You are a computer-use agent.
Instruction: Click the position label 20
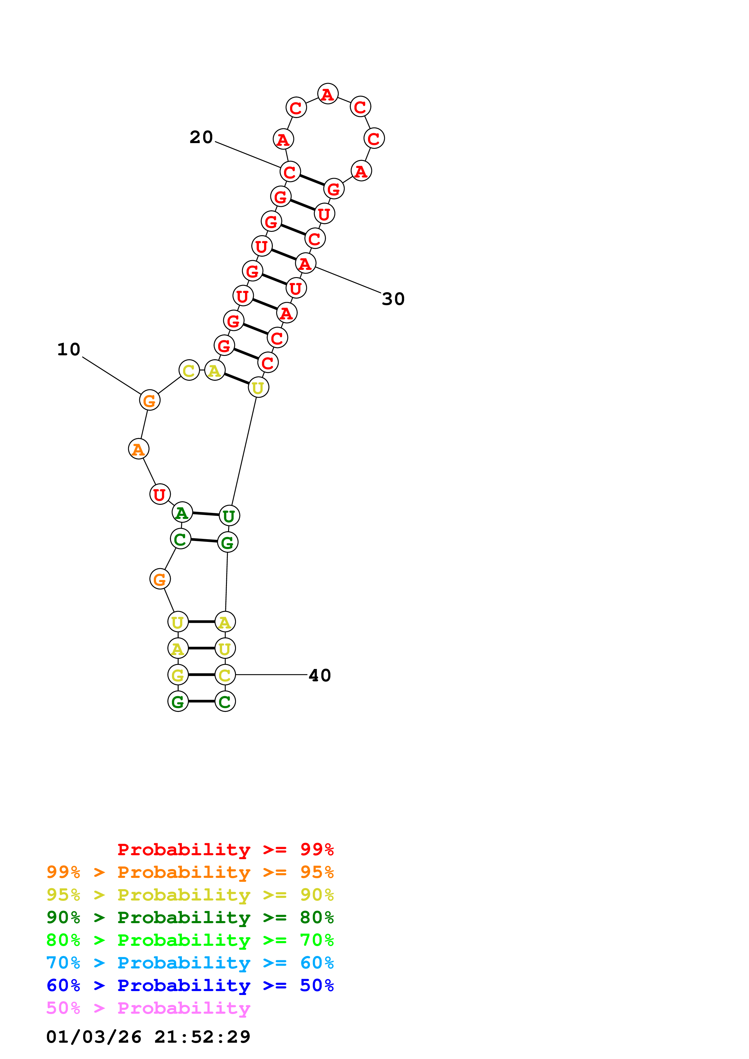[201, 137]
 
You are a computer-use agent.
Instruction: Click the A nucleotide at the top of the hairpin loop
[328, 94]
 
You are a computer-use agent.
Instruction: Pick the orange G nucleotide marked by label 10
[150, 400]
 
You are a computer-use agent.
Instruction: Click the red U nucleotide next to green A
[160, 494]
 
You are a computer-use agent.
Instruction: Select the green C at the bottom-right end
[225, 702]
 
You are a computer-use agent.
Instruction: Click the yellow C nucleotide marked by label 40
[225, 675]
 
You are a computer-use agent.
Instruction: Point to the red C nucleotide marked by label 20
[290, 172]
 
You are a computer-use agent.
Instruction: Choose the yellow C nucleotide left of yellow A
[189, 370]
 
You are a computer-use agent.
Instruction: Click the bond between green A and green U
[205, 514]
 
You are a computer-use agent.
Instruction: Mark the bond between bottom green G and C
[202, 702]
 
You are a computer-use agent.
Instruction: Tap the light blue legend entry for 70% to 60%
[190, 963]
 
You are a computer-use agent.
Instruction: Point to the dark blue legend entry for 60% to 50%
[190, 985]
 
